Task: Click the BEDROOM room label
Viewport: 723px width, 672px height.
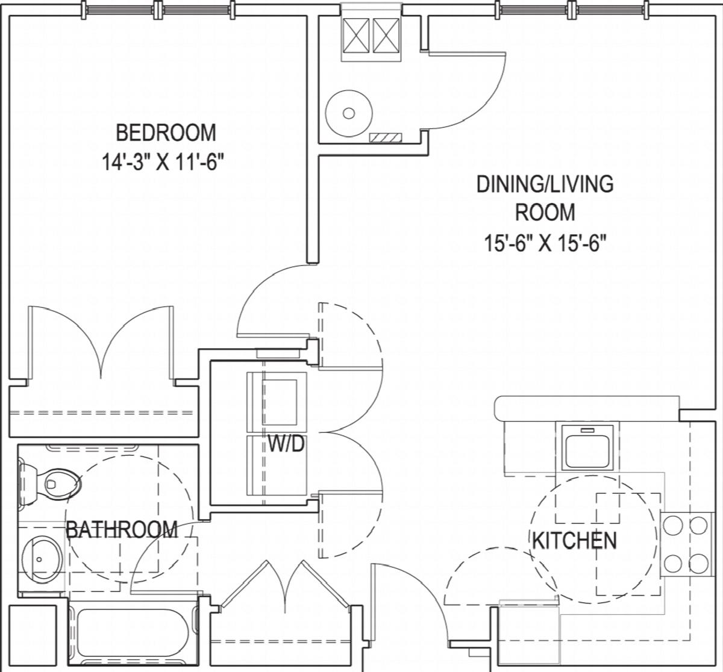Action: (x=166, y=133)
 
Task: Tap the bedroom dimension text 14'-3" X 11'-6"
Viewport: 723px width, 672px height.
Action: (x=162, y=161)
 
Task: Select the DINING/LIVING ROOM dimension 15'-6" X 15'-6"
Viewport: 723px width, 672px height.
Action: (x=545, y=243)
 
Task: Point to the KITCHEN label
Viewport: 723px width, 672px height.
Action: (x=574, y=540)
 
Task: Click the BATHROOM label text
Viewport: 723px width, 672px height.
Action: (x=122, y=529)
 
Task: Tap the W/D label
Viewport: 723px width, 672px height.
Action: (x=286, y=444)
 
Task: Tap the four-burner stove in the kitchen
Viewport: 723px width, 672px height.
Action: (x=686, y=544)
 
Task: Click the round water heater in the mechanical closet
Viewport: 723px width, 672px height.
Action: (x=349, y=114)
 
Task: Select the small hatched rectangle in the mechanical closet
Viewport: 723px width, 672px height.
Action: (x=386, y=137)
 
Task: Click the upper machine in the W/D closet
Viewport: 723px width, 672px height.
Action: (x=277, y=402)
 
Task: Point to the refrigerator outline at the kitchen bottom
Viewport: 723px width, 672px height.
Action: (x=529, y=636)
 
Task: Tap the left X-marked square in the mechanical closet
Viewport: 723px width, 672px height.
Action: (x=356, y=36)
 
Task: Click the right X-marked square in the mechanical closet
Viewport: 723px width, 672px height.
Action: (x=386, y=36)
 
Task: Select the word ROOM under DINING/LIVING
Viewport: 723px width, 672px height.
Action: (x=545, y=212)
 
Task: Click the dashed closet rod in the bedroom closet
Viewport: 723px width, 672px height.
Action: (x=101, y=412)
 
